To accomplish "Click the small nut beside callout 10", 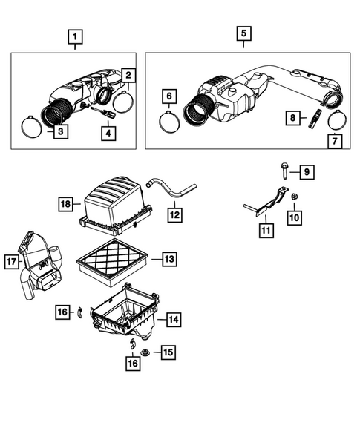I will pos(293,196).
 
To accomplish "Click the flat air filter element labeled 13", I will pos(111,260).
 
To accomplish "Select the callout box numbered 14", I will pos(172,321).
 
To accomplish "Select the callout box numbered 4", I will pos(109,133).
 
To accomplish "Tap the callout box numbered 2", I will pos(128,76).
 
